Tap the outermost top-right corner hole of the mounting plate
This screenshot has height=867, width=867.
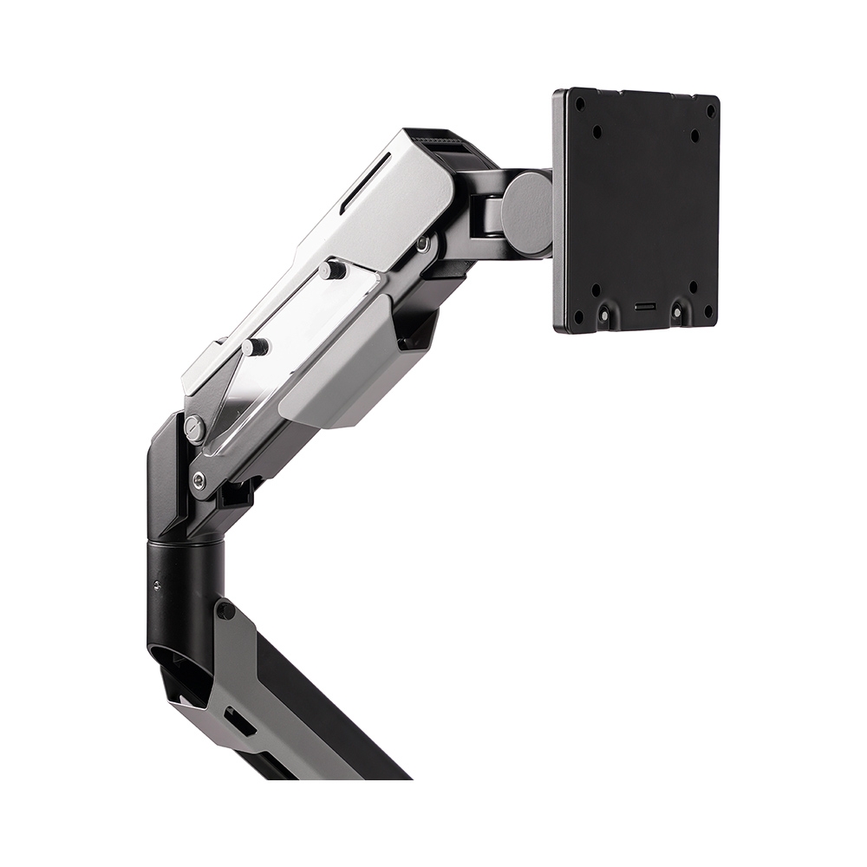(709, 112)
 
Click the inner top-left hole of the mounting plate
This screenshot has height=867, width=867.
(597, 132)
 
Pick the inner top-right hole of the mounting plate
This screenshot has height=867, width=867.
(694, 136)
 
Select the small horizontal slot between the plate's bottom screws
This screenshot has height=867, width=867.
(644, 308)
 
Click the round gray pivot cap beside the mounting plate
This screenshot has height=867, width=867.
(527, 212)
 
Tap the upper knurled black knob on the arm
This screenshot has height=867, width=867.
(331, 270)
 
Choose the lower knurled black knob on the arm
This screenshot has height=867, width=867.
(255, 347)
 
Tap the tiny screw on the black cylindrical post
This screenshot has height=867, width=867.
(156, 585)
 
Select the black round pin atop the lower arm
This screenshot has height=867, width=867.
(225, 610)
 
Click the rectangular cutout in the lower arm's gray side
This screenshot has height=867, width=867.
(235, 720)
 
